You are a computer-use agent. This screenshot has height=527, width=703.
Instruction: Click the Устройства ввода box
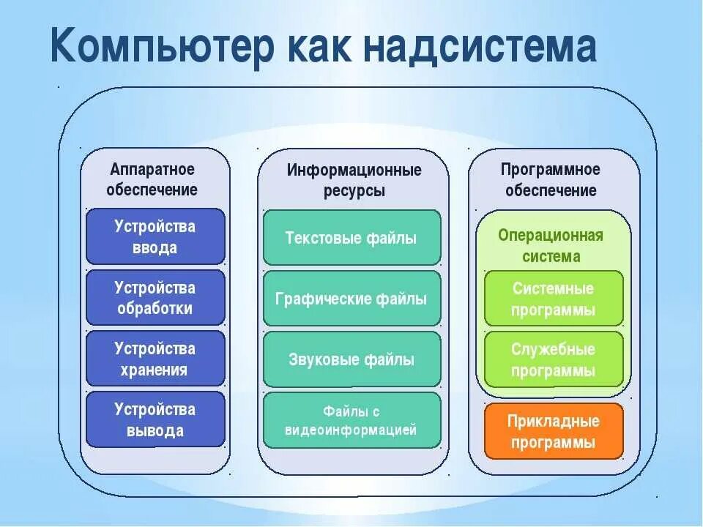(x=155, y=236)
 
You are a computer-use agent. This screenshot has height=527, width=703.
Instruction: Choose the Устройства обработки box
(x=155, y=297)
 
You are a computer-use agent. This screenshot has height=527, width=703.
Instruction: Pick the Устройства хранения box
(x=155, y=359)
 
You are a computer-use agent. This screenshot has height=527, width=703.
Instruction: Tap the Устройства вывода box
(x=155, y=419)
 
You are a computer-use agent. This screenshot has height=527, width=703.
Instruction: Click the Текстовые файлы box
(x=351, y=238)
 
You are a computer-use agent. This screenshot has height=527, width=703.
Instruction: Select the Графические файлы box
(x=351, y=299)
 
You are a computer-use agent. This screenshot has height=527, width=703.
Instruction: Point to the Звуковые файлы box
(x=351, y=359)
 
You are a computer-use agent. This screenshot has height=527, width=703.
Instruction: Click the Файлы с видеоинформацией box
(x=351, y=420)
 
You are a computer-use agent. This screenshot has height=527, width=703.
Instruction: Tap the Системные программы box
(x=554, y=299)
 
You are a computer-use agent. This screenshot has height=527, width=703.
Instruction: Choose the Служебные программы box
(x=554, y=359)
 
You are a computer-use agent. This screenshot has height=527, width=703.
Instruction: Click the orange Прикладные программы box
(x=554, y=431)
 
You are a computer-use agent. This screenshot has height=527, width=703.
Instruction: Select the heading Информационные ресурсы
(x=354, y=180)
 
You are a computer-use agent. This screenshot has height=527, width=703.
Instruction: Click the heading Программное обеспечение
(x=551, y=180)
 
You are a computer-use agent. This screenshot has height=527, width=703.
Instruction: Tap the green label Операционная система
(x=551, y=245)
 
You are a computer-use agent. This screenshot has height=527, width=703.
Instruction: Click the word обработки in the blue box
(x=155, y=308)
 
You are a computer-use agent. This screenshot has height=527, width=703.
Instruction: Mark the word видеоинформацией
(x=351, y=430)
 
